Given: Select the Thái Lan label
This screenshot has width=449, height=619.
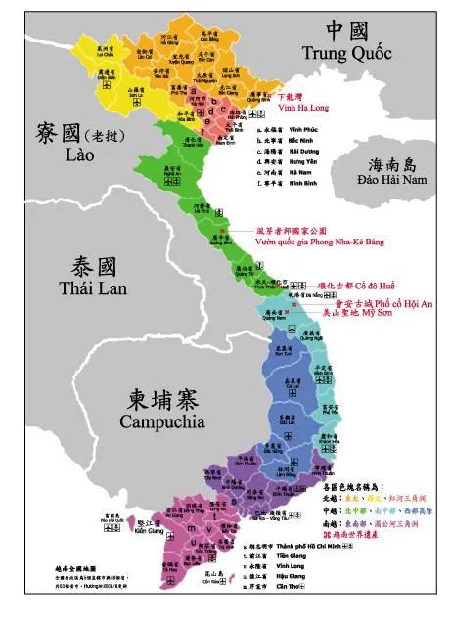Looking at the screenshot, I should [x=93, y=287].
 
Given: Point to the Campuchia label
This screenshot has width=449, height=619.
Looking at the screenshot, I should [x=161, y=421].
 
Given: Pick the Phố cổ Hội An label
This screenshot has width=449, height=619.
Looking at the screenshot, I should [x=402, y=304].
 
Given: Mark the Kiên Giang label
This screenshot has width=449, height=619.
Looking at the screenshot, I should [x=150, y=529].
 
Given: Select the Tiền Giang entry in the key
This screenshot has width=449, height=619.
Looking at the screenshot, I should [x=275, y=556].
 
